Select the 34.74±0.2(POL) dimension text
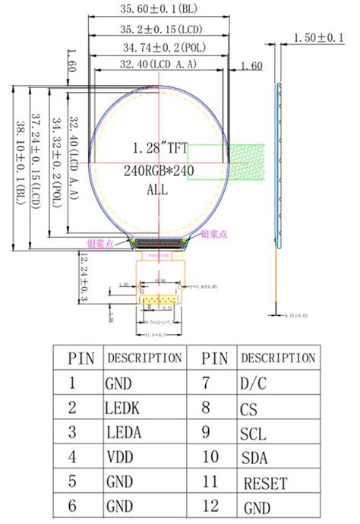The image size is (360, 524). coord(159,48)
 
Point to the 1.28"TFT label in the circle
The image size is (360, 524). coord(159,147)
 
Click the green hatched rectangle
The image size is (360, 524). coord(248,163)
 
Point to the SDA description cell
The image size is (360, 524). coord(253,457)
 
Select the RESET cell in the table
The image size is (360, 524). coord(262,481)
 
